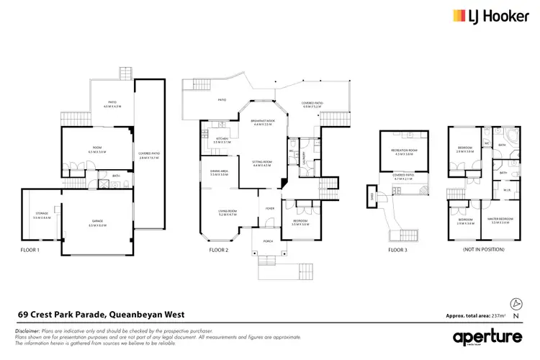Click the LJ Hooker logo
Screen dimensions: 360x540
click(486, 16)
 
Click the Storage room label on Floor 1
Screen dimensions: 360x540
click(41, 215)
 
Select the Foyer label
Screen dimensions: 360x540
click(270, 209)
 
